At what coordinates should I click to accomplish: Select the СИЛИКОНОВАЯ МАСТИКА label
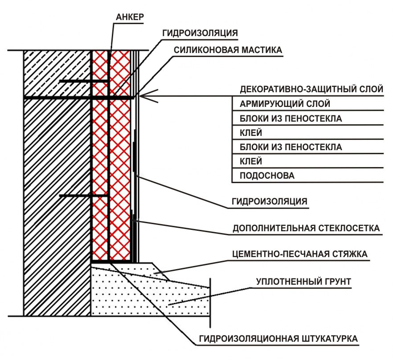[x=228, y=50]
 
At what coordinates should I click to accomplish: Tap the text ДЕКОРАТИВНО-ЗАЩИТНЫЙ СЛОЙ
[x=311, y=89]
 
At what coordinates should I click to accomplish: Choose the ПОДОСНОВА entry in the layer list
[x=267, y=175]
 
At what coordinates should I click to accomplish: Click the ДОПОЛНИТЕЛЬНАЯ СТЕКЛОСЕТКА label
[x=306, y=229]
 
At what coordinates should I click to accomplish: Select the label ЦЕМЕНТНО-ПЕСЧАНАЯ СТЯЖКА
[x=300, y=254]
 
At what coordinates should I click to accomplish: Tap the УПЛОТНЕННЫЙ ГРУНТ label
[x=304, y=282]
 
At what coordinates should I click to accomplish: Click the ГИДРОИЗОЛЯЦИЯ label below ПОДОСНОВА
[x=269, y=201]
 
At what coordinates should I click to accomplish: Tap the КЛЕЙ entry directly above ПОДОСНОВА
[x=250, y=160]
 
